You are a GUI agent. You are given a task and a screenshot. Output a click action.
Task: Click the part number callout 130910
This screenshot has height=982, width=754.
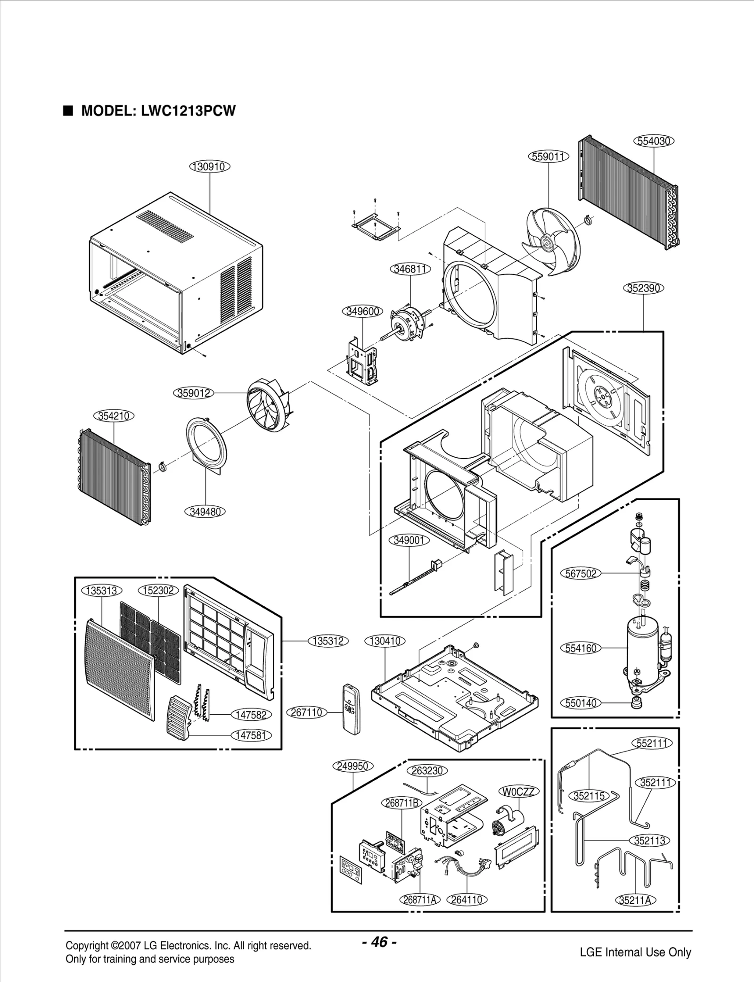point(210,166)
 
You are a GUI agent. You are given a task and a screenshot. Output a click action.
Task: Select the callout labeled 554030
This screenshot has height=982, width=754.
point(654,141)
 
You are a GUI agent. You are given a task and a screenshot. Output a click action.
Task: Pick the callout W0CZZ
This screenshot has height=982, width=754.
point(518,792)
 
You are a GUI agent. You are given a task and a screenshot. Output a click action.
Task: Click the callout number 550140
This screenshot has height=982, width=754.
point(581,703)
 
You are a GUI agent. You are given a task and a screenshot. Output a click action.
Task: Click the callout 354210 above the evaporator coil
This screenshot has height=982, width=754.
point(115,416)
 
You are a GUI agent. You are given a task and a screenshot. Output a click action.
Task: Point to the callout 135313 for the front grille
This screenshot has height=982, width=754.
point(102,591)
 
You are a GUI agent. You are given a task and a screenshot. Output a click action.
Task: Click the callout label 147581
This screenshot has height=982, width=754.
point(251,735)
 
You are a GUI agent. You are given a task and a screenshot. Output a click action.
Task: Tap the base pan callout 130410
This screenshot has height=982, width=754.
point(385,641)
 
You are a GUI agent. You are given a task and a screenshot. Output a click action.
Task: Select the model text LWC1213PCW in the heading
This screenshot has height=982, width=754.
point(188,111)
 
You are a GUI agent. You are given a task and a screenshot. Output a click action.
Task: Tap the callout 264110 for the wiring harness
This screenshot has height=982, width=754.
point(467,899)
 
